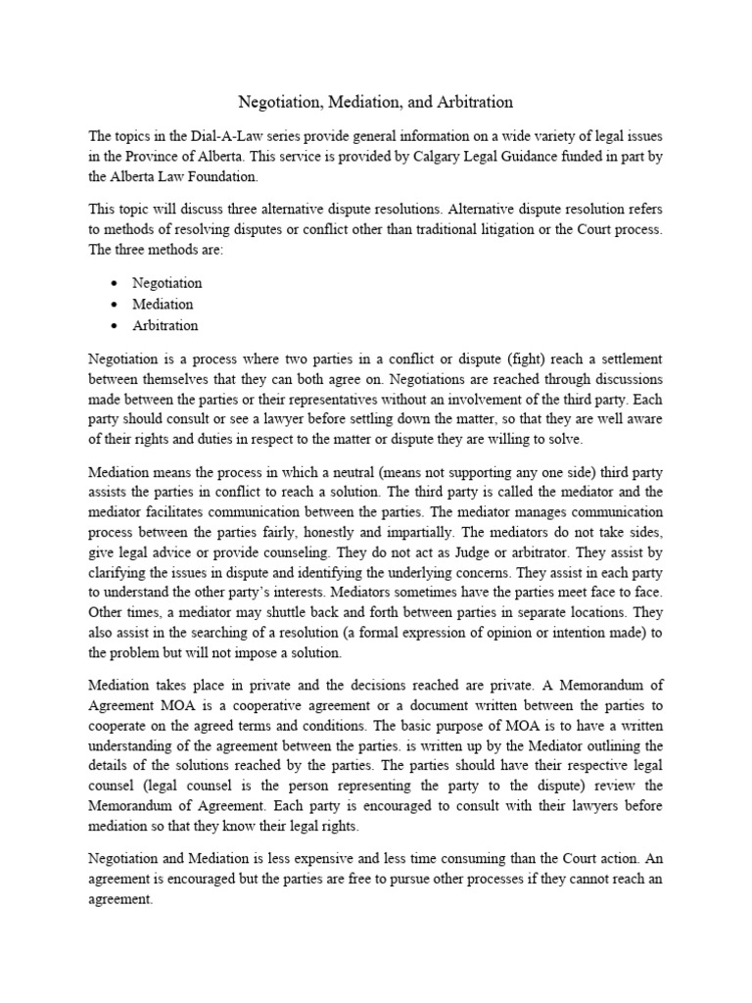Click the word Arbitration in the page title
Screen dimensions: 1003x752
(x=475, y=102)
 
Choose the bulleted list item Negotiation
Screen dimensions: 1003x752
(x=167, y=283)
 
